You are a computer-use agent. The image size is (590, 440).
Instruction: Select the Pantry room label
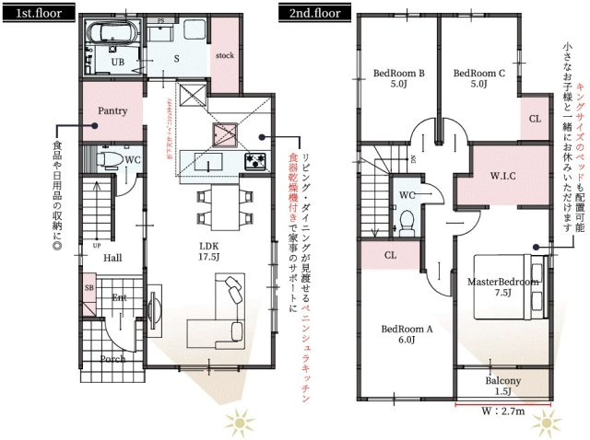[x=112, y=110]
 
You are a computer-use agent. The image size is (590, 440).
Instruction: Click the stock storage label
[x=225, y=54]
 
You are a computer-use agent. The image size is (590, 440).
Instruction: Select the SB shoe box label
[x=89, y=289]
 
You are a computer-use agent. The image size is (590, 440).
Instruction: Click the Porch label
[x=113, y=359]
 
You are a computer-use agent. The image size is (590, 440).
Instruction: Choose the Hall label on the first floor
[x=112, y=258]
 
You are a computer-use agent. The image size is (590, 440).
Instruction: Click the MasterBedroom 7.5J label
[x=502, y=287]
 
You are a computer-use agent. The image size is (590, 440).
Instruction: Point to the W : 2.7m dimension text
[x=503, y=411]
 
